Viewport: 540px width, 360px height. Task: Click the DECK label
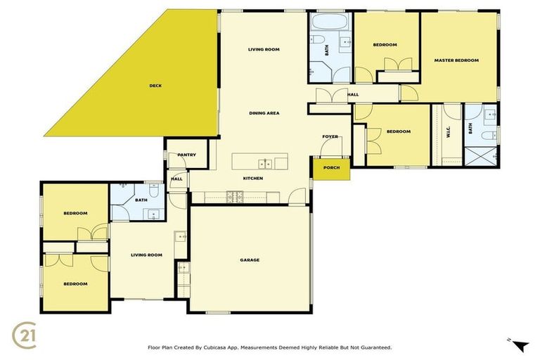click(155, 86)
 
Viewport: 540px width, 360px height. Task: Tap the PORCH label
click(331, 167)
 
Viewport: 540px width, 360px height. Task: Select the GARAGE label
click(250, 260)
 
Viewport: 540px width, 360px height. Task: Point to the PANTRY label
click(186, 155)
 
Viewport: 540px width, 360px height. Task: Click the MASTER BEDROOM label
click(456, 60)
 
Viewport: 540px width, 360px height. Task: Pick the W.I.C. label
click(448, 131)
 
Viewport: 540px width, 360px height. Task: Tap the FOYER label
click(330, 136)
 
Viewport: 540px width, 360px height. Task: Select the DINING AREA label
click(264, 113)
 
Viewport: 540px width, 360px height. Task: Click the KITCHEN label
click(253, 179)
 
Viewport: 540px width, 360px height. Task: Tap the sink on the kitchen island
click(265, 164)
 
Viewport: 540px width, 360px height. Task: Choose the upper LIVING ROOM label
click(264, 49)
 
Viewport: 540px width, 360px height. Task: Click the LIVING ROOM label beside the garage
click(146, 255)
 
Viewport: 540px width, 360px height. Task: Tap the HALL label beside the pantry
click(176, 179)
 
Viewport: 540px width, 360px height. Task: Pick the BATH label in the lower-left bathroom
click(141, 200)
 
